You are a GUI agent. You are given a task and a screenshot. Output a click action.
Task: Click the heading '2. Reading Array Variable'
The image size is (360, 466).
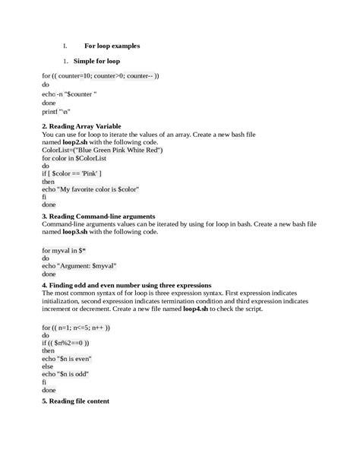(x=82, y=125)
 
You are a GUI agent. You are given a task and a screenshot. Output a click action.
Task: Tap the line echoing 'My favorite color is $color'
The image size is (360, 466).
(x=90, y=189)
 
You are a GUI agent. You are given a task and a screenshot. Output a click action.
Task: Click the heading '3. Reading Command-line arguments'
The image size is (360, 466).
(x=99, y=216)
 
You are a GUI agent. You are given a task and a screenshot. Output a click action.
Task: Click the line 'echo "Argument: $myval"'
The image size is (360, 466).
(x=79, y=267)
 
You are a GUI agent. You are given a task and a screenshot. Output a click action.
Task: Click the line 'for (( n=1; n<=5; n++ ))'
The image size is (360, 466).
(x=76, y=327)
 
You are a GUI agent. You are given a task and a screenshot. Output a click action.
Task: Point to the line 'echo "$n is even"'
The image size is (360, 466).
(x=71, y=358)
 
